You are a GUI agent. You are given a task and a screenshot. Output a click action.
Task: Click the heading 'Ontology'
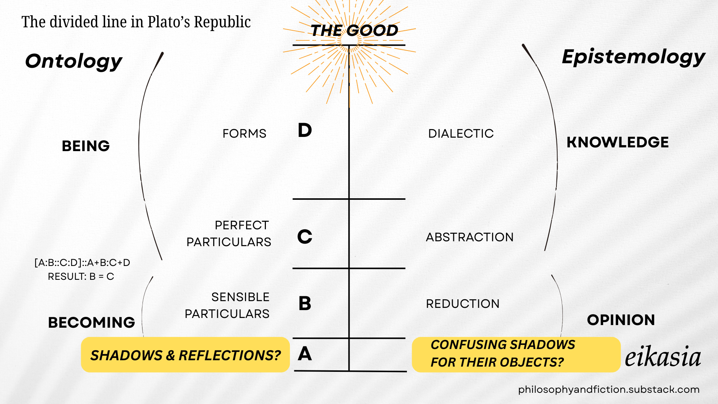tap(74, 61)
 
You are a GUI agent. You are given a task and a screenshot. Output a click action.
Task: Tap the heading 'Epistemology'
tap(633, 57)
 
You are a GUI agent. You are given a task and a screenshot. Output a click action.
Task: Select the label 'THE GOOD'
tap(354, 30)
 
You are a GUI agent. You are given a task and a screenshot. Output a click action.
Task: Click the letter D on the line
tap(305, 130)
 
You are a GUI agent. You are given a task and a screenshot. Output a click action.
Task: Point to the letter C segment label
tap(305, 236)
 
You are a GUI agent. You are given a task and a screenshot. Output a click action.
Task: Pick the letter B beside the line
tap(305, 303)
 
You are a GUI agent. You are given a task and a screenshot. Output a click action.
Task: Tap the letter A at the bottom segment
tap(305, 353)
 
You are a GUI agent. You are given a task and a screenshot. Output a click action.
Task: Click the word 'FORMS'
tap(244, 134)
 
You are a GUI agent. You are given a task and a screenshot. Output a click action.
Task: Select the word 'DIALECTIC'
tap(461, 134)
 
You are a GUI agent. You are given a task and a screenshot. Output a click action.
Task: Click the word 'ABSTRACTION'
tap(470, 237)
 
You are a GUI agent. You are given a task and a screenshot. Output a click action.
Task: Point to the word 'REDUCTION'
tap(463, 304)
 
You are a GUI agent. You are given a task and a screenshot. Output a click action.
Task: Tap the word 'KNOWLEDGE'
tap(617, 143)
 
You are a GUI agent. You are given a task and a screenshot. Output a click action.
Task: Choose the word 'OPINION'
tap(621, 320)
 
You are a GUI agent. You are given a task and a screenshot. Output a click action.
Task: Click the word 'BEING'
tap(86, 146)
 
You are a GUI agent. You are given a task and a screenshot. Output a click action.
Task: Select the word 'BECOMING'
tap(92, 322)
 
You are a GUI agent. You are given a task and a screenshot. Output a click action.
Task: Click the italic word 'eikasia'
tap(663, 357)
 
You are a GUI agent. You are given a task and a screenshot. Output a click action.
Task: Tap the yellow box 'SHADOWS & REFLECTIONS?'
tap(185, 355)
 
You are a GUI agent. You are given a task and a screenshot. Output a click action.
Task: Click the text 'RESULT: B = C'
tap(81, 276)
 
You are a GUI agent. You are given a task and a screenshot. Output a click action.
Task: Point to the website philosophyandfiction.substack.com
tap(608, 389)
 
